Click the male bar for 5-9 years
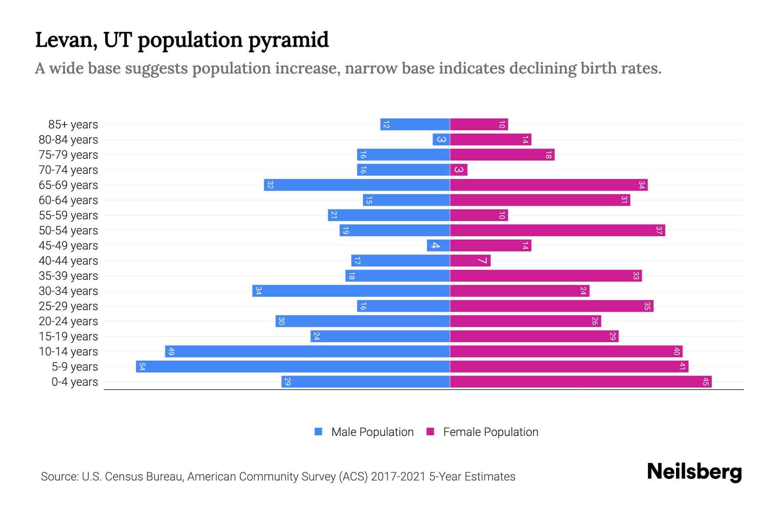[293, 367]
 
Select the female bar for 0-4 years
[581, 382]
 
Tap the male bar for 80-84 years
[441, 140]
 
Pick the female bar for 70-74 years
[459, 170]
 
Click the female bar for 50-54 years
[557, 231]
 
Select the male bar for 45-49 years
[438, 246]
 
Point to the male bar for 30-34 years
[351, 291]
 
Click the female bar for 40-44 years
[470, 261]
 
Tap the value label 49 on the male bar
[171, 352]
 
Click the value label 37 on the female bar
[659, 231]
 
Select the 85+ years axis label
[73, 125]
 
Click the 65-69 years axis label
[68, 185]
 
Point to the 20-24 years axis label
[68, 321]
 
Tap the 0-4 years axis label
[74, 382]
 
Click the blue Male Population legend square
[319, 432]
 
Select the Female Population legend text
[490, 432]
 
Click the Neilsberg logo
[694, 472]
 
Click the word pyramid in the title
[288, 40]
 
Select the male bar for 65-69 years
[357, 185]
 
